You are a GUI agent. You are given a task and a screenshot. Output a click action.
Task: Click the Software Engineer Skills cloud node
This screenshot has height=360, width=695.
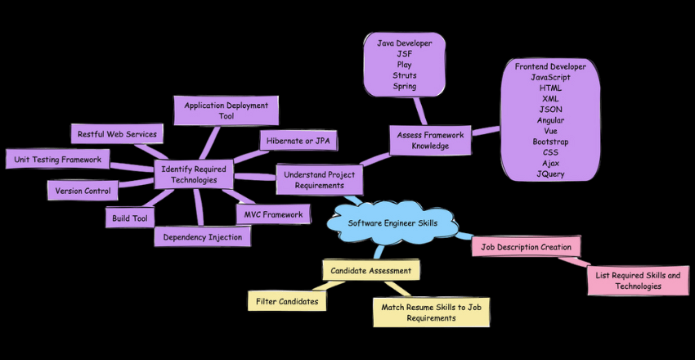pos(392,223)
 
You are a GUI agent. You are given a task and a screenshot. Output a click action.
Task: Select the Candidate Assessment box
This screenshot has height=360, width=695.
pos(372,269)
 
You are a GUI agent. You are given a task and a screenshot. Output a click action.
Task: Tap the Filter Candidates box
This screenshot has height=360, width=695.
pos(287,301)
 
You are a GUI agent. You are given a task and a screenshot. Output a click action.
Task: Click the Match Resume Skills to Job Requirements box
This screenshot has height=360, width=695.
pos(431,312)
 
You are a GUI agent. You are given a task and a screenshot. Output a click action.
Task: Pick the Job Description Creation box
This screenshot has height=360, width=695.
pos(527,246)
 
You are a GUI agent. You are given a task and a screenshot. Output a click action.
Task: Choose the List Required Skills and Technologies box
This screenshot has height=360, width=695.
pos(639,281)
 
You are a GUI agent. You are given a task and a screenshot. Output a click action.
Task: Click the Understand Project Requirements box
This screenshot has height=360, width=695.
pos(320,179)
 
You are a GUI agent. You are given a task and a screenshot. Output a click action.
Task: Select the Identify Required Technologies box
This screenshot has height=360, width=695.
pos(195,173)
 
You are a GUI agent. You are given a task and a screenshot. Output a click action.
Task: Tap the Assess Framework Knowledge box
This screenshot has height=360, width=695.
pos(430,140)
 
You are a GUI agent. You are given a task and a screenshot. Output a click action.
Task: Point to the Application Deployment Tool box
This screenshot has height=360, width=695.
pos(226,110)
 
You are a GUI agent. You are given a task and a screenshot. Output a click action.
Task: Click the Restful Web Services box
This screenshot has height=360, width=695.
pos(118,133)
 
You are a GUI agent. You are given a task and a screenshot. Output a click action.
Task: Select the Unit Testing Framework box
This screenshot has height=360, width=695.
pos(57,160)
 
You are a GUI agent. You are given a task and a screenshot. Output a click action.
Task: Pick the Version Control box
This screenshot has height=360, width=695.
pos(83,191)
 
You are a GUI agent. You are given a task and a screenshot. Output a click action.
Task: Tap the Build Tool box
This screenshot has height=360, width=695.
pos(129,218)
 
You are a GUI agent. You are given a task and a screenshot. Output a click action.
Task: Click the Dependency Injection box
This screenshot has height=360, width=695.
pos(202,236)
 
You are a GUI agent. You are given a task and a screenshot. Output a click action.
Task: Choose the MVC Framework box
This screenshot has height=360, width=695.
pos(273,214)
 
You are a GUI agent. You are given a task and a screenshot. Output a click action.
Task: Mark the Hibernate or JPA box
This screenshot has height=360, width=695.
pos(298,141)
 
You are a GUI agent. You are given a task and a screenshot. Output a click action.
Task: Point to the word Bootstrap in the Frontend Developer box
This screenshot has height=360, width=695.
pos(549,142)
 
